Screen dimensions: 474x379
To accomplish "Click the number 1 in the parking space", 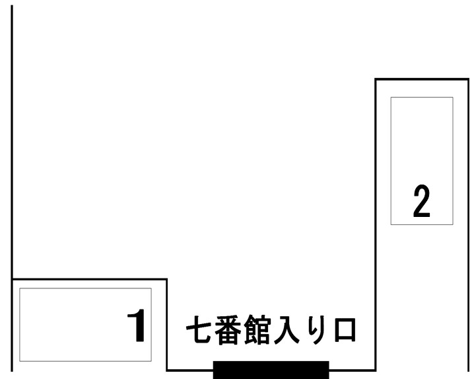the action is click(x=137, y=325).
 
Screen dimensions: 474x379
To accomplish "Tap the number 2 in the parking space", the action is click(x=421, y=201).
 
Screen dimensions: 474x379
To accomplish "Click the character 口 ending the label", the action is click(x=345, y=330).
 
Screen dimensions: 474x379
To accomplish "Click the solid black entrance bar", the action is click(x=271, y=370).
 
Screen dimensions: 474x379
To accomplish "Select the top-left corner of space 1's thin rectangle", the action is click(x=20, y=288).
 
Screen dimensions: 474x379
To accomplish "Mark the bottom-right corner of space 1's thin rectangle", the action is click(x=151, y=361).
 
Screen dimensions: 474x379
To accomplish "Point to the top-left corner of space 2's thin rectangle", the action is click(x=391, y=97).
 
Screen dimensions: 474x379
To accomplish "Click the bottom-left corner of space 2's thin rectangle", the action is click(x=391, y=224).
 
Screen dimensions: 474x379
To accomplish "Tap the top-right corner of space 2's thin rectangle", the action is click(x=453, y=97).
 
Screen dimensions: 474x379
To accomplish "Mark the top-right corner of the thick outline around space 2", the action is click(x=468, y=79).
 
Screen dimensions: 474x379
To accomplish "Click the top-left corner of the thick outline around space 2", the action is click(x=376, y=79).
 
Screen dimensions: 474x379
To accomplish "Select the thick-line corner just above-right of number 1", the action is click(x=166, y=279).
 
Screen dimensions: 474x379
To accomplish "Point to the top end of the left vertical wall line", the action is click(x=12, y=5).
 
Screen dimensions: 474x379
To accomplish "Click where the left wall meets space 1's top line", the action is click(x=12, y=279).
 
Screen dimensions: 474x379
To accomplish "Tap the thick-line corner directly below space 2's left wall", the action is click(x=376, y=370).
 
